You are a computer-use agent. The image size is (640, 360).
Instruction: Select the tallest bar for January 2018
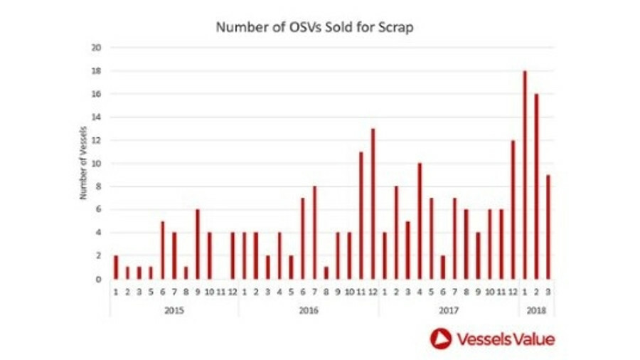pos(524,175)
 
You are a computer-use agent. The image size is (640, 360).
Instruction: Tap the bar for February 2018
pos(535,186)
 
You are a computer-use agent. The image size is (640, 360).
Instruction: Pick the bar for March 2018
pos(548,227)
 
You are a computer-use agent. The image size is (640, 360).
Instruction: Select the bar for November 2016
pos(361,216)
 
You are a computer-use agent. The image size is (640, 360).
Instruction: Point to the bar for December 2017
pos(513,210)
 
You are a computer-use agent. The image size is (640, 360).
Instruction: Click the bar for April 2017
pos(420,221)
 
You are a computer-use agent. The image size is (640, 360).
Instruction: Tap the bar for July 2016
pos(314,233)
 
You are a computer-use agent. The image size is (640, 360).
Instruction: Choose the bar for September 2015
pos(198,244)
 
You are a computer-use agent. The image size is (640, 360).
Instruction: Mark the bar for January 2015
pos(116,268)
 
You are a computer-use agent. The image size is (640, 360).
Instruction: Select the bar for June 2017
pos(443,268)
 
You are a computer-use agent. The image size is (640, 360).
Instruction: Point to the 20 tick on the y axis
pos(97,48)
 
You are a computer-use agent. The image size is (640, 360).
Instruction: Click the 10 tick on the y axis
pos(97,164)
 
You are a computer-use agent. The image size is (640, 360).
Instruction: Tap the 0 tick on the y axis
pos(99,280)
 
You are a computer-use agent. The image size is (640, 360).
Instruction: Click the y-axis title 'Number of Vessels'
pos(83,164)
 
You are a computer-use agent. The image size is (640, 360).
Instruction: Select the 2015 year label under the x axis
pos(174,309)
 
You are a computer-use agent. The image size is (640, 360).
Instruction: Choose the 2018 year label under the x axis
pos(536,309)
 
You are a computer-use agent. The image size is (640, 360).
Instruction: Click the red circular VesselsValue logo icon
pos(441,339)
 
